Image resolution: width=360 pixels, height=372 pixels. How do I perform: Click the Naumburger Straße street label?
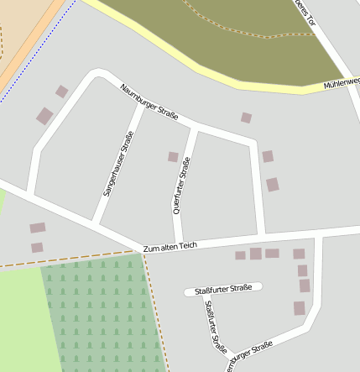pyautogui.click(x=149, y=102)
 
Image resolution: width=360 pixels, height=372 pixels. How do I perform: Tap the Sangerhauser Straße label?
pyautogui.click(x=118, y=165)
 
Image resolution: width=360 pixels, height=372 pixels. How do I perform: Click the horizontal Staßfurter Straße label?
pyautogui.click(x=223, y=290)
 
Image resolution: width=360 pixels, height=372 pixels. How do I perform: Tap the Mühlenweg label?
pyautogui.click(x=343, y=82)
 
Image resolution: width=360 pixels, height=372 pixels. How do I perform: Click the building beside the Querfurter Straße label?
pyautogui.click(x=173, y=157)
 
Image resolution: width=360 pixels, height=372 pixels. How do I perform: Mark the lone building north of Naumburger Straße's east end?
pyautogui.click(x=246, y=118)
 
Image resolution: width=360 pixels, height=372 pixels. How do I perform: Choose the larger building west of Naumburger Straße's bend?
pyautogui.click(x=44, y=116)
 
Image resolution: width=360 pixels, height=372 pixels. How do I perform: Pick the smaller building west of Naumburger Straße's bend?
pyautogui.click(x=61, y=92)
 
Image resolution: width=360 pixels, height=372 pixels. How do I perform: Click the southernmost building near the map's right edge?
pyautogui.click(x=300, y=308)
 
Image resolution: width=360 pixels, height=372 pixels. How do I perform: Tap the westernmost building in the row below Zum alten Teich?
pyautogui.click(x=240, y=255)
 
